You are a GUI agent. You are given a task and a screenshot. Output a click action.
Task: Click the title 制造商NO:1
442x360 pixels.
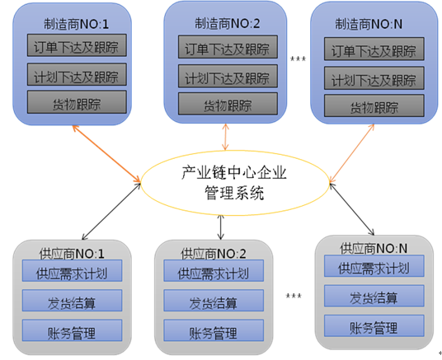(76, 24)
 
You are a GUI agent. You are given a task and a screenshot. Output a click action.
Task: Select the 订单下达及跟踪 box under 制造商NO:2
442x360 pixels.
(228, 47)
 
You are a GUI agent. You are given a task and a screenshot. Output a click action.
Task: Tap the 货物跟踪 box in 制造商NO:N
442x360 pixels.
(374, 105)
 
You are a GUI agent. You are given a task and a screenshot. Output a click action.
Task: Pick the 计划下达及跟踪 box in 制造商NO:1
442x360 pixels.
(77, 74)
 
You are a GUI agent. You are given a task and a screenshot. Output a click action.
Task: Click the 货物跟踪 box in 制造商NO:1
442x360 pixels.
(77, 102)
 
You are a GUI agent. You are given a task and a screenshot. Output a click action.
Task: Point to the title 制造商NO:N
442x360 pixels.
(369, 24)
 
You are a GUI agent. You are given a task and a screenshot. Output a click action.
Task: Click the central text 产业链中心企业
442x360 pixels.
(234, 173)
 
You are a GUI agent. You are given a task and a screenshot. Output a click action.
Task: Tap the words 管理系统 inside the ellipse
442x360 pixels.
(234, 193)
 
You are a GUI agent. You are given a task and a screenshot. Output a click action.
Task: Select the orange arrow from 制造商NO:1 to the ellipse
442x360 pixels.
(106, 154)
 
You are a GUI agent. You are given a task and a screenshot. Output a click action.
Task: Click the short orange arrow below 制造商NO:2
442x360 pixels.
(225, 137)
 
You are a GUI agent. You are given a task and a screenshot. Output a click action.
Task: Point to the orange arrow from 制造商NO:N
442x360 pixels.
(352, 153)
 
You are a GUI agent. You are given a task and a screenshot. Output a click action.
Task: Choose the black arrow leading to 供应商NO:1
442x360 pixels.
(111, 211)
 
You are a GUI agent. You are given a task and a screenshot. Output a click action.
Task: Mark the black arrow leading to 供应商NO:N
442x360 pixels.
(352, 209)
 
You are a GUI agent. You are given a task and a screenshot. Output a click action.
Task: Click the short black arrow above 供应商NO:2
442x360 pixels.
(221, 227)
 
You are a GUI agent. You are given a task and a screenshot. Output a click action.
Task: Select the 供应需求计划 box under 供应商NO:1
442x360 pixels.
(72, 271)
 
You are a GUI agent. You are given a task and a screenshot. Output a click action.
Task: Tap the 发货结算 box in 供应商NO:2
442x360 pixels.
(214, 301)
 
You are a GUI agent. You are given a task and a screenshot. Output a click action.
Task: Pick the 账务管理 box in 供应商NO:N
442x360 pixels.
(374, 325)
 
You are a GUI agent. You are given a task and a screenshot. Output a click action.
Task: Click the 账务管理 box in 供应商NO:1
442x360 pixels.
(72, 330)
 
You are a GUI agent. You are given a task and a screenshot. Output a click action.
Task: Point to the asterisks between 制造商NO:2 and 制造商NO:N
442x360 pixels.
(298, 58)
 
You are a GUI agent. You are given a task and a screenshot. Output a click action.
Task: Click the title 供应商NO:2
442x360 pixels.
(214, 254)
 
